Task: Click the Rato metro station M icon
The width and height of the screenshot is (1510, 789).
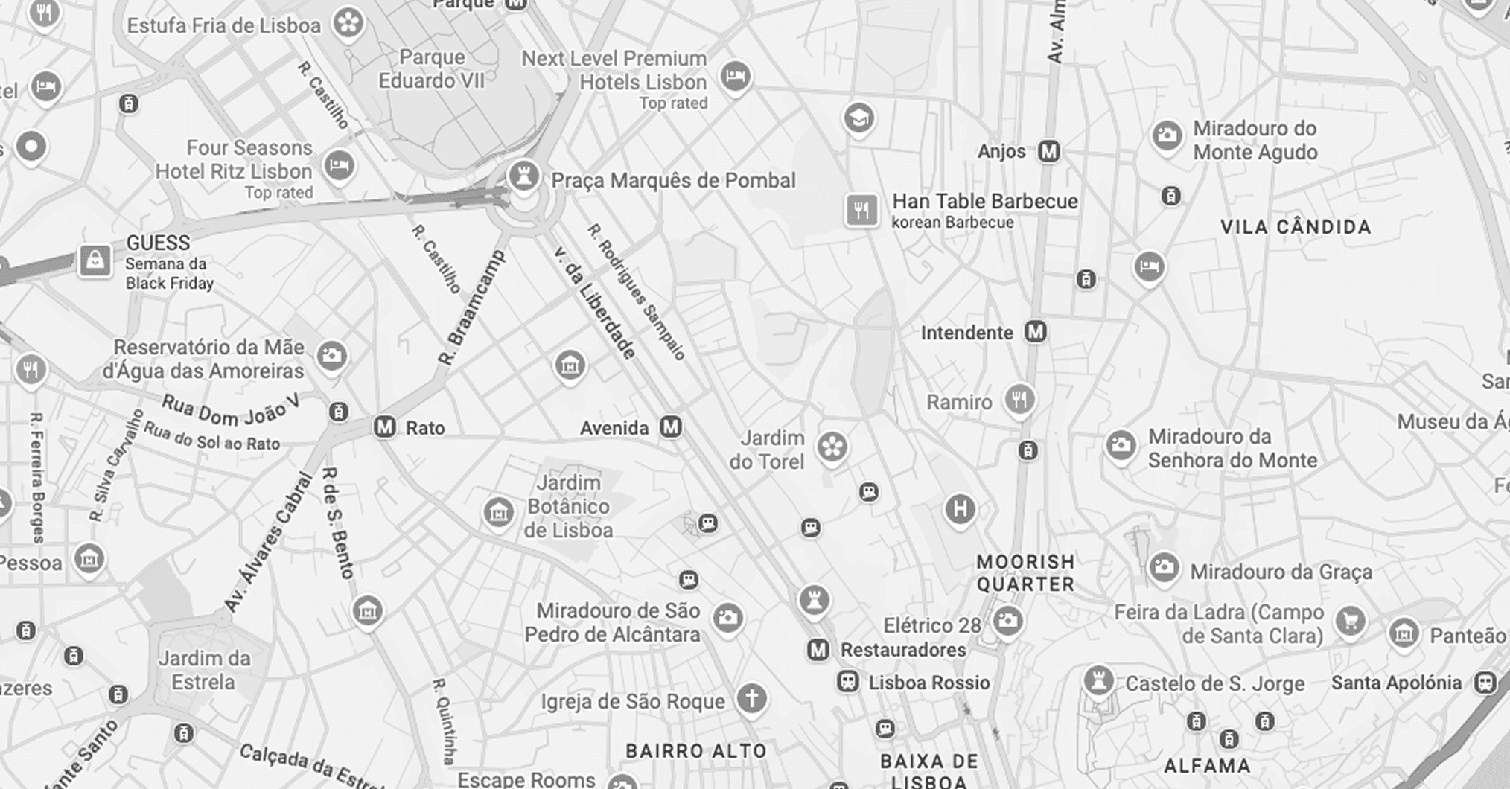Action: tap(384, 427)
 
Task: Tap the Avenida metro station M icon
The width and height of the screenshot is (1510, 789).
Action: tap(671, 427)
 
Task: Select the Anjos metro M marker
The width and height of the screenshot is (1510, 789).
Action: tap(1049, 151)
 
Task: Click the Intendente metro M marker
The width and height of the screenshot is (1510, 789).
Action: tap(1036, 331)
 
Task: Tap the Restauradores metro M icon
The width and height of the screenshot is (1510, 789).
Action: tap(818, 650)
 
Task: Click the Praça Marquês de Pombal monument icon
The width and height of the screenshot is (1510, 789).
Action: tap(523, 176)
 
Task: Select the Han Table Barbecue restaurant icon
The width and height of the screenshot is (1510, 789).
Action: tap(861, 210)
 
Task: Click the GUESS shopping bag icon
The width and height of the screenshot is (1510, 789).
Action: tap(95, 261)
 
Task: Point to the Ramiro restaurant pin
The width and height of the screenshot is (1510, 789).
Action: tap(1019, 399)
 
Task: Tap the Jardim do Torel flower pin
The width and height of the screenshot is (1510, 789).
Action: tap(832, 447)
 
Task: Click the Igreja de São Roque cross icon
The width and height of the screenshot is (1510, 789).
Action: tap(751, 698)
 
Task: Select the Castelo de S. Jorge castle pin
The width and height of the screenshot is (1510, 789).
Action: tap(1098, 680)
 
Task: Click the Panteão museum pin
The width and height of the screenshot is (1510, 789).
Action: tap(1404, 633)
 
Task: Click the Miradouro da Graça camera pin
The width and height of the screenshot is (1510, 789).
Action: tap(1163, 568)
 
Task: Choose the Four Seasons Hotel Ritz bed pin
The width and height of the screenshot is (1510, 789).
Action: tap(339, 164)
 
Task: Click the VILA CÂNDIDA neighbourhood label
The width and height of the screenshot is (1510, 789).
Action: tap(1296, 227)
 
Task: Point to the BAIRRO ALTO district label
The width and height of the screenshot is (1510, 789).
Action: tap(696, 750)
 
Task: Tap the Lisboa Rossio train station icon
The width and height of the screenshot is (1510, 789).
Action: tap(847, 682)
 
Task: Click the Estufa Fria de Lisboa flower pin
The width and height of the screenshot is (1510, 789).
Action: tap(348, 22)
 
